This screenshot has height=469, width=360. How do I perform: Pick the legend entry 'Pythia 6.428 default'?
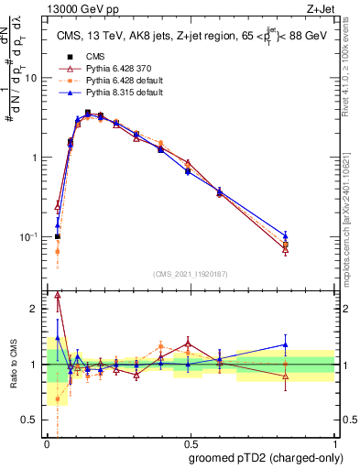coord(122,82)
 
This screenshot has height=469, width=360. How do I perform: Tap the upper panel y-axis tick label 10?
coord(31,78)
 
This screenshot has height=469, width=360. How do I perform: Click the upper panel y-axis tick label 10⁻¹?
coord(29,236)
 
